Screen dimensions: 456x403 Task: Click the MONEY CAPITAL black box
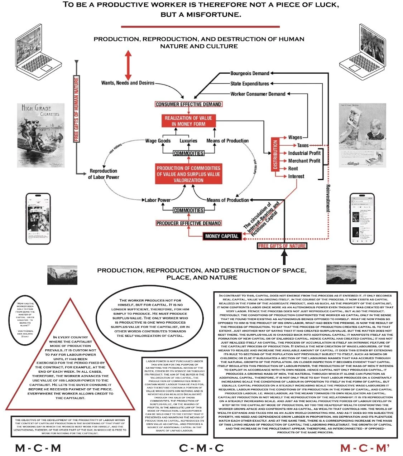[222, 236]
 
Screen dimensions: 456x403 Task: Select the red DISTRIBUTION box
[275, 154]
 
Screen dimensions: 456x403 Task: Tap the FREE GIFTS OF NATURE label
[282, 246]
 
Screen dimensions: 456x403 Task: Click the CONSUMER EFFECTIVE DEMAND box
[188, 104]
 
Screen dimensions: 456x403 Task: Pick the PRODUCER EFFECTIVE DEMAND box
[188, 223]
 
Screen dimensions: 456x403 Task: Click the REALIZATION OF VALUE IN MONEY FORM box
[188, 121]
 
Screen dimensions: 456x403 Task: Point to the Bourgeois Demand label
[250, 73]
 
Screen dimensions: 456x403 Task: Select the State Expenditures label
[250, 84]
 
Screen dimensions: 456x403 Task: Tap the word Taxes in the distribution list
[303, 145]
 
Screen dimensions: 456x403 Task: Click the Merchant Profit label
[304, 161]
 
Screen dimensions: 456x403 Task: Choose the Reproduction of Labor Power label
[104, 174]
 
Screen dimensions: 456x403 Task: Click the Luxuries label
[188, 141]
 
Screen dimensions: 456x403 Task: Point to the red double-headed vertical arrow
[128, 65]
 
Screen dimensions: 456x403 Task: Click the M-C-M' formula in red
[365, 448]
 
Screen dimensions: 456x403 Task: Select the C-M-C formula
[201, 448]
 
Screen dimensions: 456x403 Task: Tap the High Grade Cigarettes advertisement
[40, 135]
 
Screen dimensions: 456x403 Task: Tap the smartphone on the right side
[362, 219]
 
